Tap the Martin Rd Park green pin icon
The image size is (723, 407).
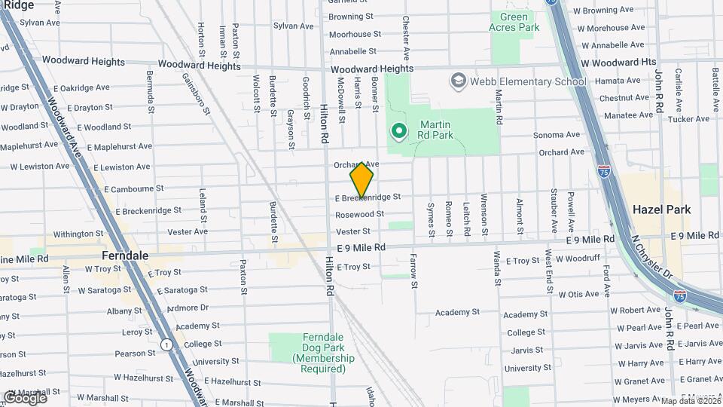(x=398, y=132)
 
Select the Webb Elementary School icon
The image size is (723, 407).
(x=458, y=81)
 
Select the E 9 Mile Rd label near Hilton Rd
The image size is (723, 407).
(x=361, y=247)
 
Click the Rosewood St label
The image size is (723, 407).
(x=360, y=215)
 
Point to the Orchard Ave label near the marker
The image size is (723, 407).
(x=356, y=164)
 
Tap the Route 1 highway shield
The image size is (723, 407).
(x=166, y=344)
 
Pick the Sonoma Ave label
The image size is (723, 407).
(x=557, y=135)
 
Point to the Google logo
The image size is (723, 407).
(x=24, y=397)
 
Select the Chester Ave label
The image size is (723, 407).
(x=406, y=38)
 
